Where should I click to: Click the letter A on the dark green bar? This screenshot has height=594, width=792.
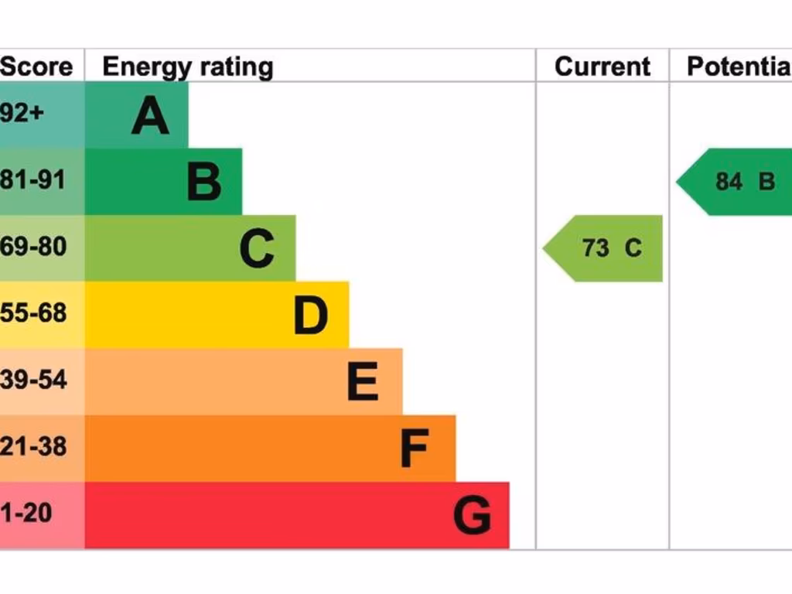[x=150, y=116]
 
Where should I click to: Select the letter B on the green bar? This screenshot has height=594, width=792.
[x=204, y=183]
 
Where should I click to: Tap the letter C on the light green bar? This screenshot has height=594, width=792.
[x=257, y=249]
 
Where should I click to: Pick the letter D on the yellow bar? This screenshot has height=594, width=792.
[x=311, y=316]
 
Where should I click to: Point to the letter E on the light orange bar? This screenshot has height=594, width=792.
[x=363, y=382]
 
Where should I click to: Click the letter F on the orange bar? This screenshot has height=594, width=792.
[x=415, y=449]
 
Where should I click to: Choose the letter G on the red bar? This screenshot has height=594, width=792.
[x=472, y=516]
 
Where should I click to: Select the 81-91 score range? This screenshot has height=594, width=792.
[x=32, y=180]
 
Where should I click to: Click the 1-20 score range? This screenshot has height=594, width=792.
[x=26, y=514]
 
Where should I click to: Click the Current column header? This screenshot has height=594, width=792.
[x=603, y=67]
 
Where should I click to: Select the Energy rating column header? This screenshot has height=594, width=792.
[x=188, y=67]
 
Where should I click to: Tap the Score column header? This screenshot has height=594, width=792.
[x=36, y=67]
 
